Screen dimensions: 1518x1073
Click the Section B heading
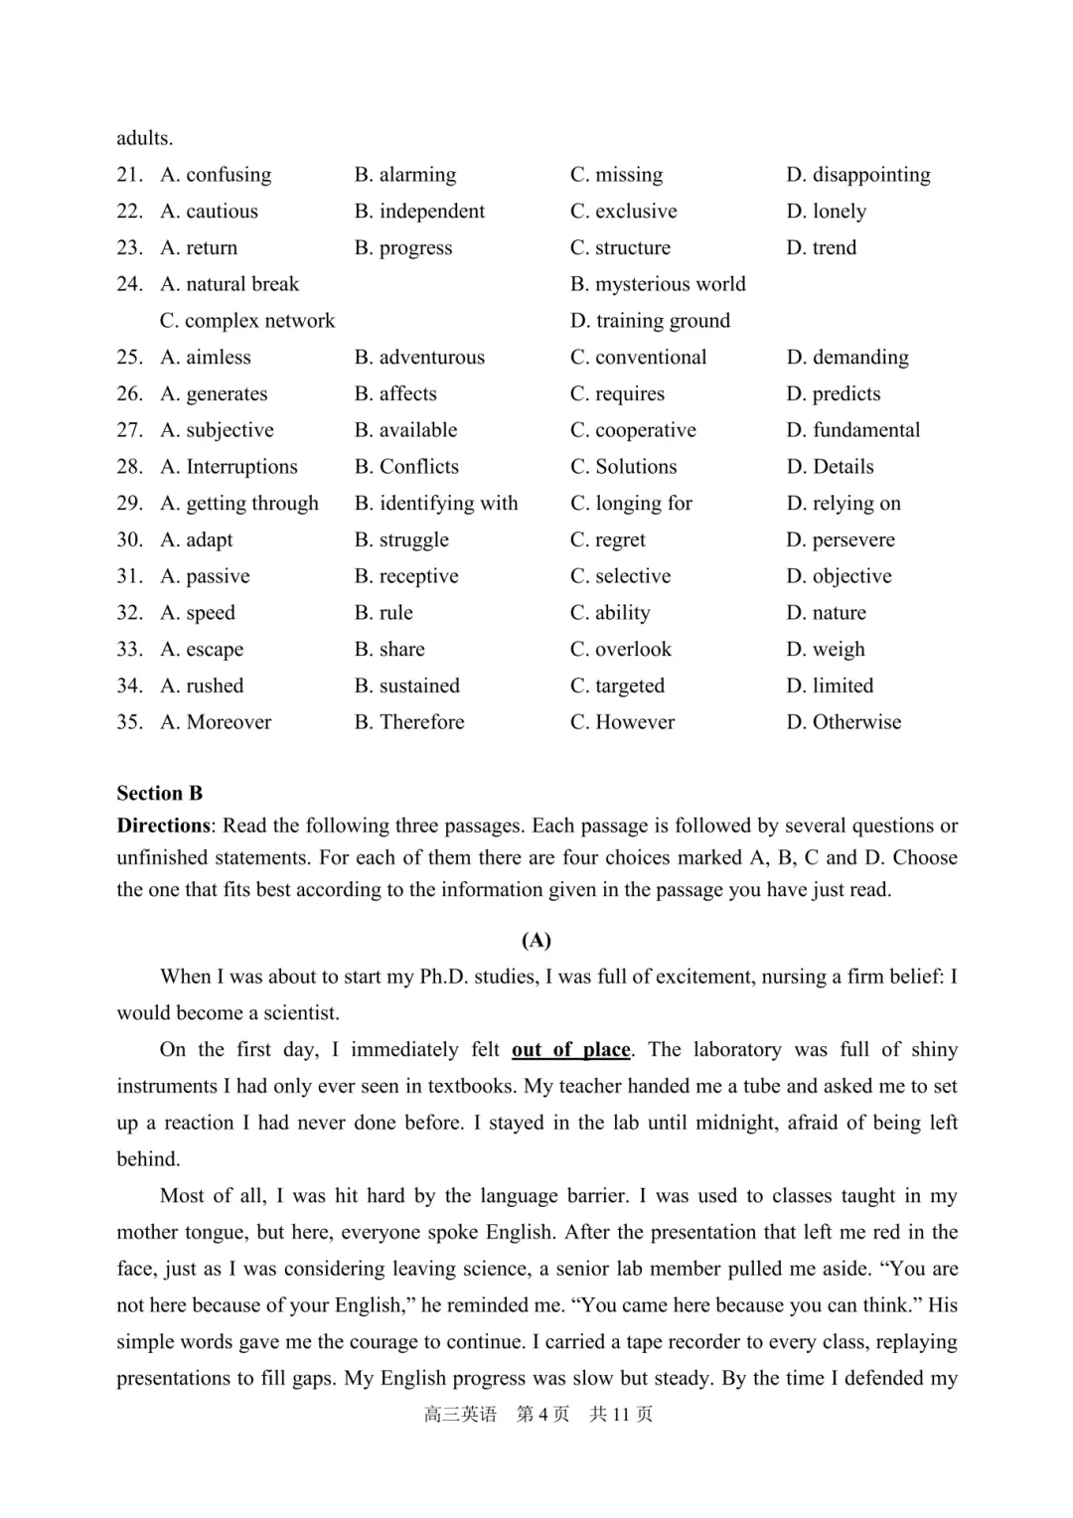click(x=159, y=793)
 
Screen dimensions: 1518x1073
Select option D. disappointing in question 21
click(x=857, y=175)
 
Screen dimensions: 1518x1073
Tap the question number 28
click(x=129, y=467)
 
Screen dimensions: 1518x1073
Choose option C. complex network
click(x=247, y=321)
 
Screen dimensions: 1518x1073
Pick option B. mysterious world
click(x=658, y=284)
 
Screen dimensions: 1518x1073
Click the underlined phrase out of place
click(x=571, y=1050)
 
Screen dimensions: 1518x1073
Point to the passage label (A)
click(x=536, y=940)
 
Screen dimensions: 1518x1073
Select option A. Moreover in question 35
click(x=216, y=722)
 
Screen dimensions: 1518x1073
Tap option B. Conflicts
click(x=406, y=467)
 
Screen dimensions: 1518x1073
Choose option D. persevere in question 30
click(x=841, y=540)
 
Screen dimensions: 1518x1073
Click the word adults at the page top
click(x=144, y=138)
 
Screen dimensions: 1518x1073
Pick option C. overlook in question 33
click(x=621, y=650)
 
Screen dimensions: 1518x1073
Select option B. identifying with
click(x=436, y=504)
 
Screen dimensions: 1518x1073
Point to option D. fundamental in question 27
click(x=852, y=430)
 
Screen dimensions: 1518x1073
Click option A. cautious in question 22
click(x=209, y=212)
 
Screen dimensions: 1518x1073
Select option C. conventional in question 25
click(x=638, y=358)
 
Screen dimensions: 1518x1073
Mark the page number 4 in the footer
click(x=543, y=1414)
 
